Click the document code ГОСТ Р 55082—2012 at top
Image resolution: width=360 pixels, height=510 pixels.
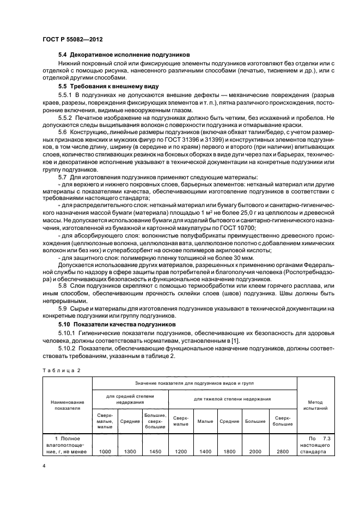(x=72, y=40)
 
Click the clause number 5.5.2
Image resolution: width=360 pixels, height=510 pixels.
(x=67, y=118)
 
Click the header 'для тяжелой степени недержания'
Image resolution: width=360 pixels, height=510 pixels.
(x=233, y=399)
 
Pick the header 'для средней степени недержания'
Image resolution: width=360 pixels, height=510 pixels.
(x=130, y=399)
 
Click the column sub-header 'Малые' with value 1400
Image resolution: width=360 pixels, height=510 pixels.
(x=205, y=421)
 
